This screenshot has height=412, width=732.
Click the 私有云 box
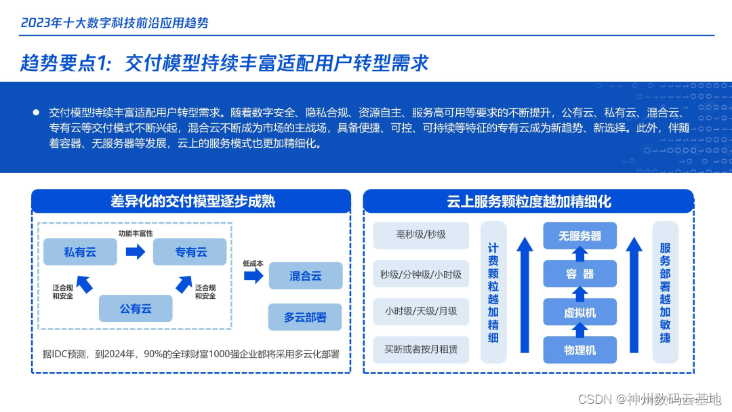pyautogui.click(x=81, y=252)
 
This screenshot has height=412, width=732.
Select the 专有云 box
pyautogui.click(x=190, y=252)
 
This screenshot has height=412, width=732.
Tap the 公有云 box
pyautogui.click(x=136, y=308)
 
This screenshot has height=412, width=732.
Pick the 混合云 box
pyautogui.click(x=306, y=276)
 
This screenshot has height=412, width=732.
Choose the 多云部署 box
pyautogui.click(x=306, y=316)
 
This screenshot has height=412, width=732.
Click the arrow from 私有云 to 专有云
pyautogui.click(x=136, y=252)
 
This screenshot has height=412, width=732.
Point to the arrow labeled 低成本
pyautogui.click(x=253, y=275)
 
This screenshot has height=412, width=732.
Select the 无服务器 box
pyautogui.click(x=579, y=236)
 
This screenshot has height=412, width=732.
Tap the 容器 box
pyautogui.click(x=579, y=274)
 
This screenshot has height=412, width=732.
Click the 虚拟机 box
pyautogui.click(x=579, y=312)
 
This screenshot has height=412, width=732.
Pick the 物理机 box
pyautogui.click(x=579, y=350)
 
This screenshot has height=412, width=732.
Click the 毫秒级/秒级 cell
pyautogui.click(x=421, y=234)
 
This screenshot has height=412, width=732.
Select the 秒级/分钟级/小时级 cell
pyautogui.click(x=421, y=274)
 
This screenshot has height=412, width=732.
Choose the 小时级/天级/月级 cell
pyautogui.click(x=421, y=311)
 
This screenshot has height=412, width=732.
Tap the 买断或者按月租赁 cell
pyautogui.click(x=421, y=349)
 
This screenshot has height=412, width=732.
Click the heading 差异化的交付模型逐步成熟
pyautogui.click(x=192, y=201)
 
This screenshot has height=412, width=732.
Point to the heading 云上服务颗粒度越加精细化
pyautogui.click(x=529, y=201)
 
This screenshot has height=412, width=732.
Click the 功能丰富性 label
pyautogui.click(x=136, y=233)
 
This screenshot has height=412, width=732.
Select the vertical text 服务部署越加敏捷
pyautogui.click(x=665, y=292)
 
